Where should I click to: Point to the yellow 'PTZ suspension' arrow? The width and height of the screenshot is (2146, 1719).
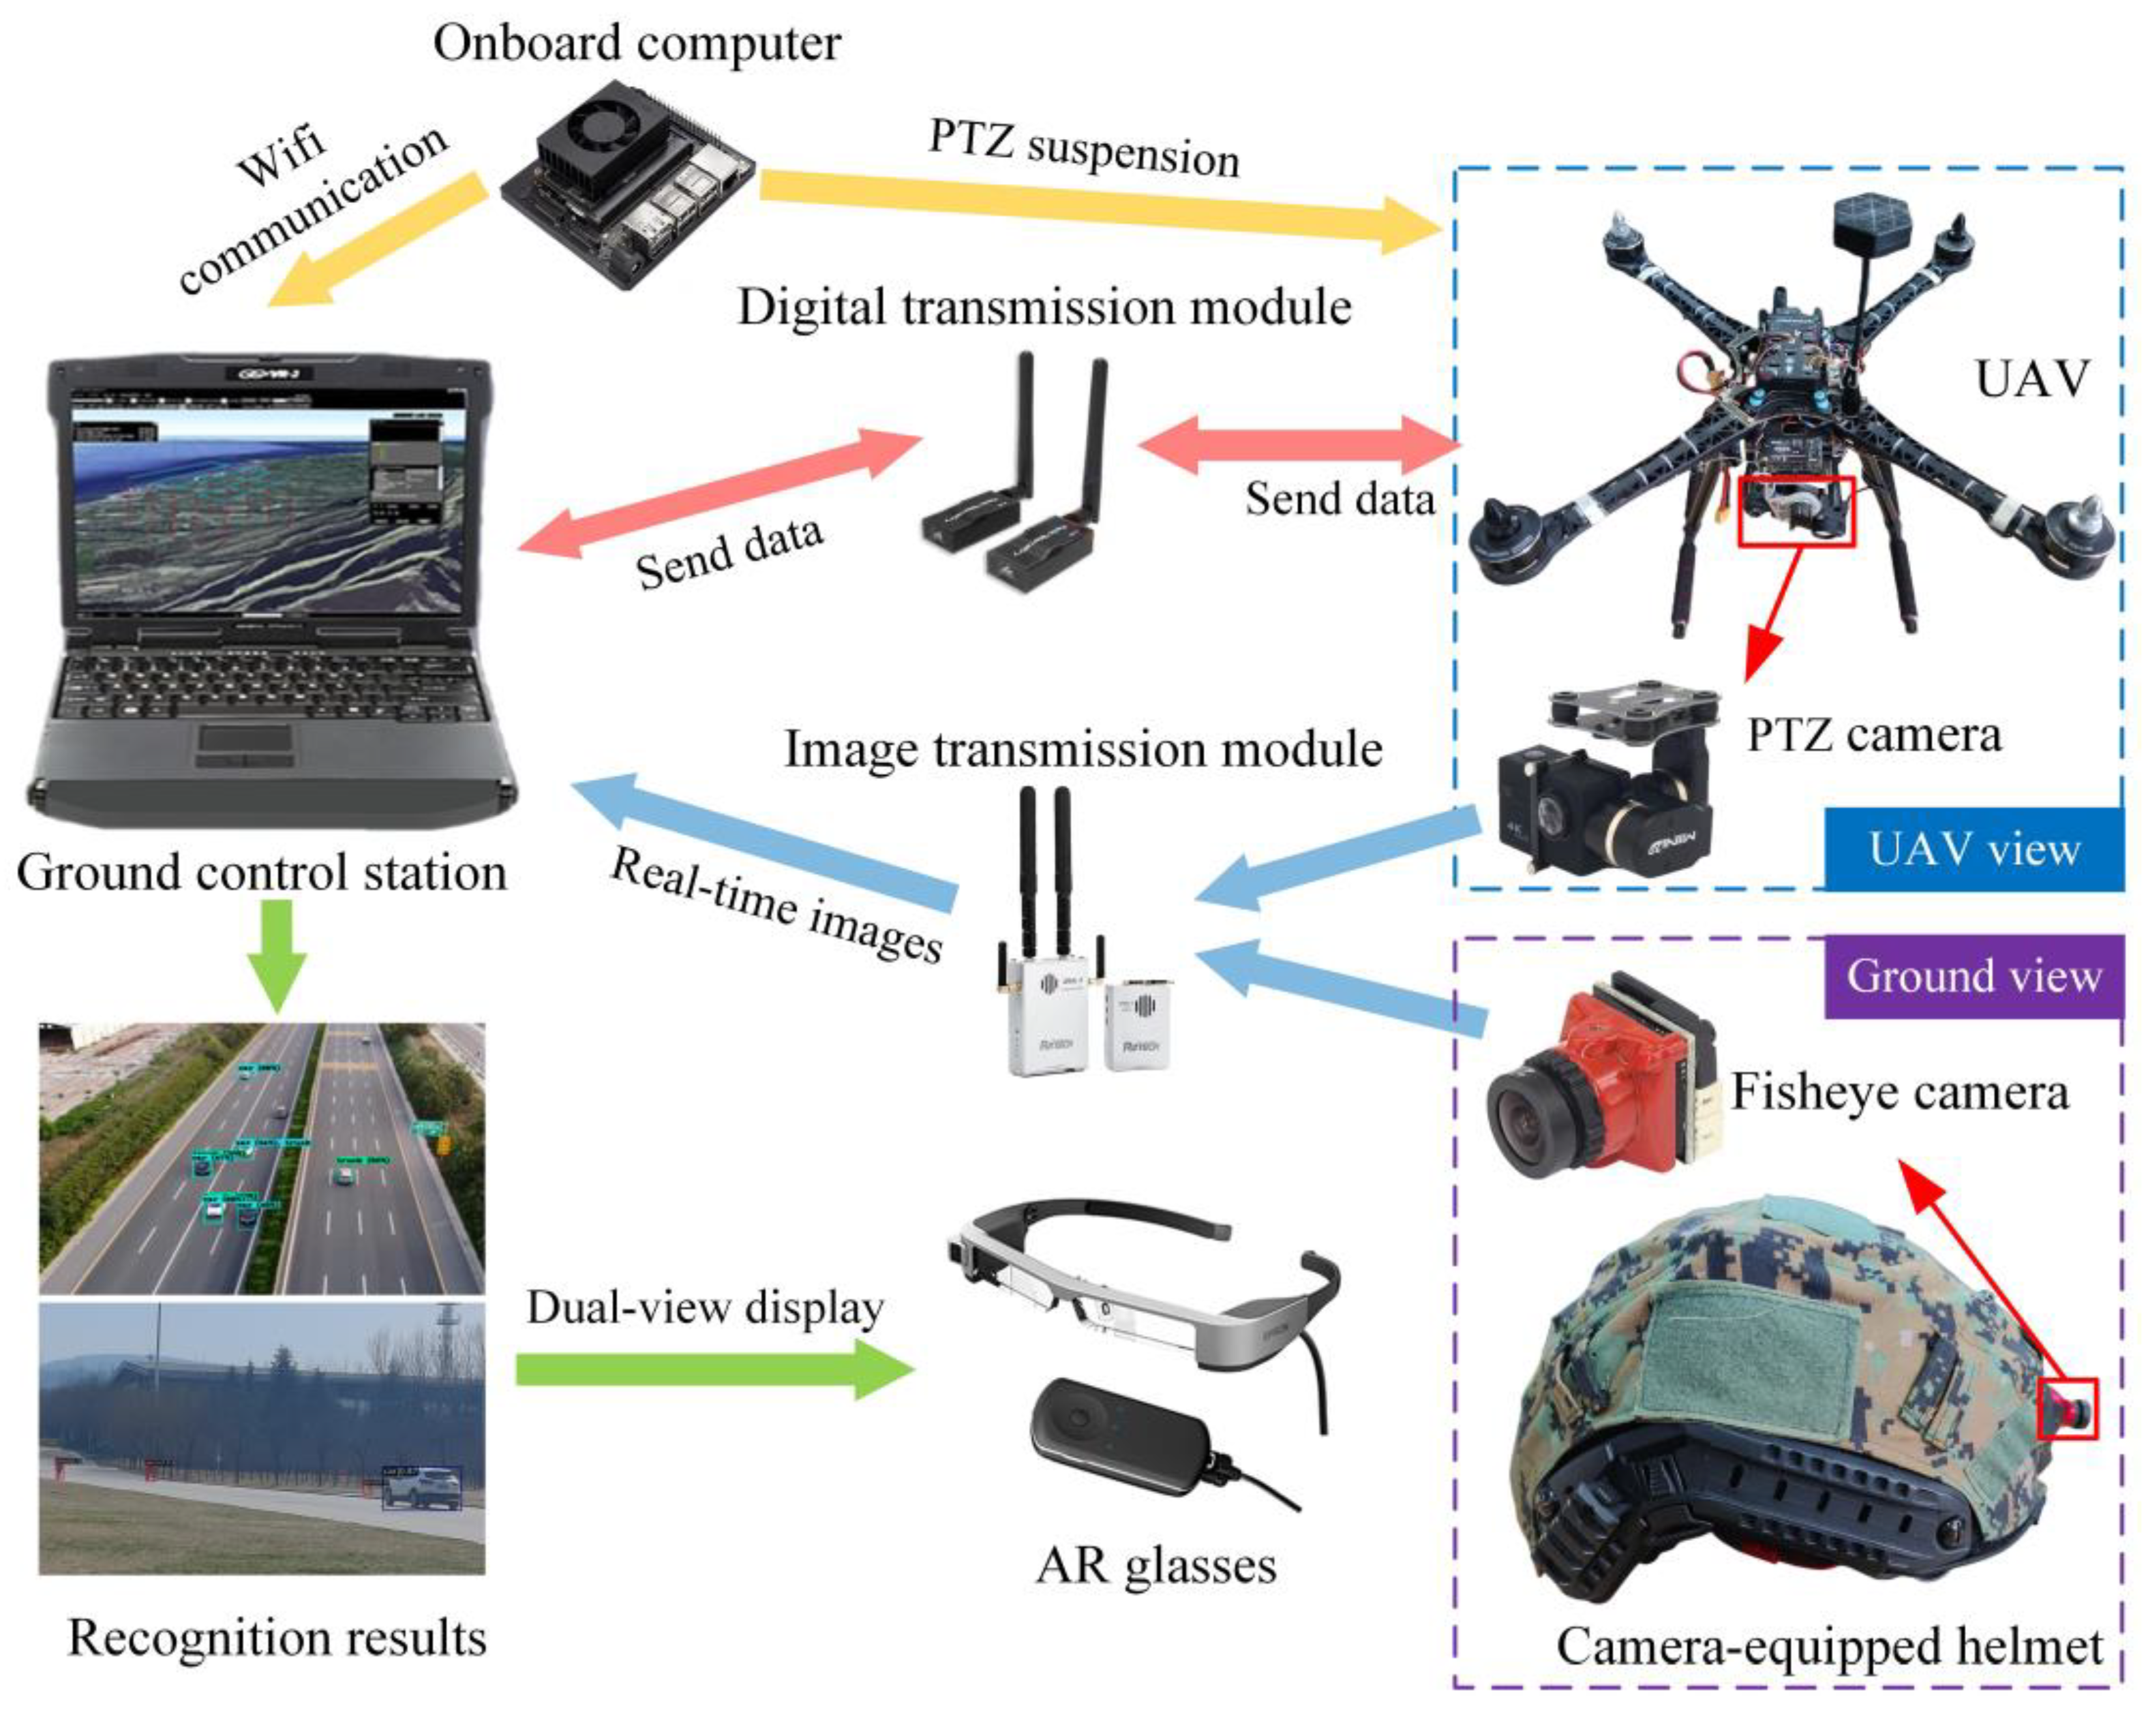pos(1095,209)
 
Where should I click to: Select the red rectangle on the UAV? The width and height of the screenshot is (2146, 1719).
pos(1796,510)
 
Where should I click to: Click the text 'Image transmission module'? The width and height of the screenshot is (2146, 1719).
pos(1083,748)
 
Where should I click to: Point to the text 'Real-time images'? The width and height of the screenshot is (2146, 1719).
pos(776,905)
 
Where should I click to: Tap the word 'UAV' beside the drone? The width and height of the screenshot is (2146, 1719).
pos(2031,379)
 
